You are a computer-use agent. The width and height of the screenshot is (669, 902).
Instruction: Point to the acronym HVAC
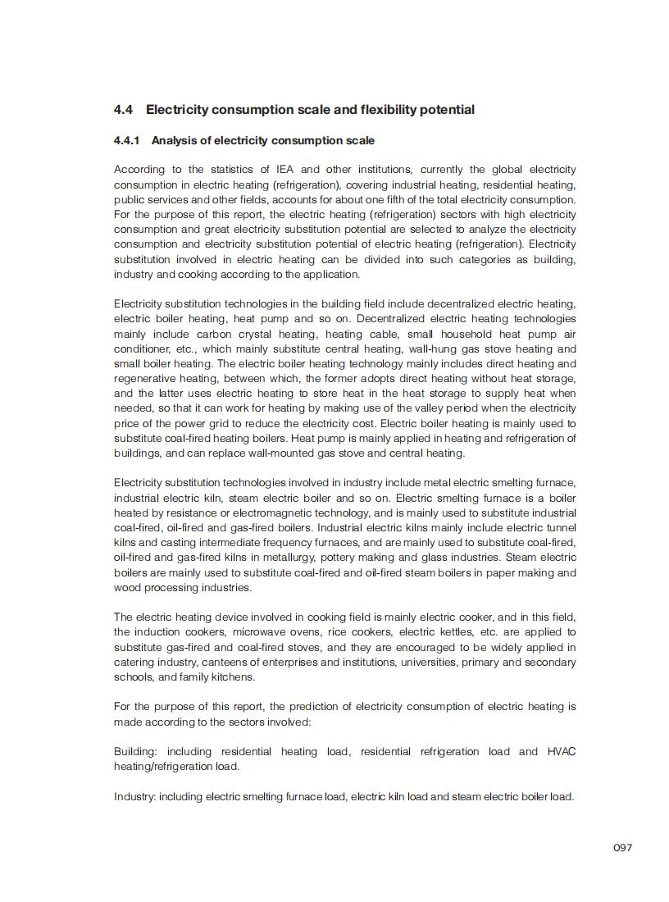point(561,751)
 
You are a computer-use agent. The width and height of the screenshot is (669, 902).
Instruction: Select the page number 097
point(623,848)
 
